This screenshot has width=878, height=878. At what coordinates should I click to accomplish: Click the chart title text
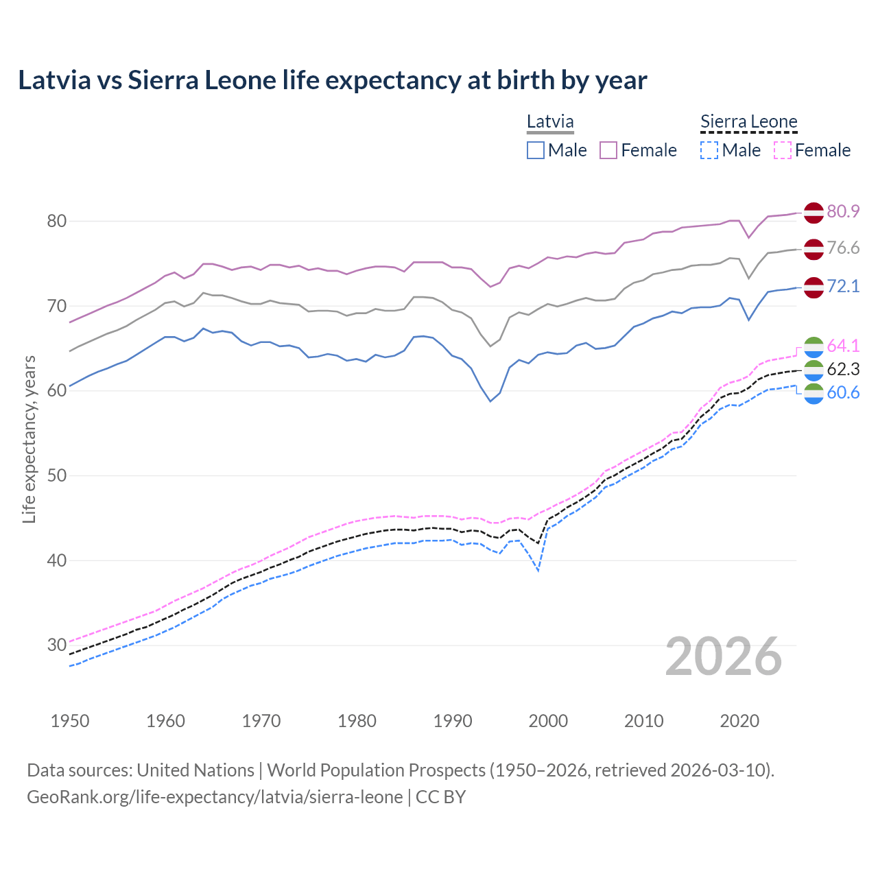click(x=332, y=80)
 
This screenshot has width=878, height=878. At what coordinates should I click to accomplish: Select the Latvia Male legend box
click(x=536, y=150)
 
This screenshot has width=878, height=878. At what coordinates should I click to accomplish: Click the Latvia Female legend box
click(x=608, y=150)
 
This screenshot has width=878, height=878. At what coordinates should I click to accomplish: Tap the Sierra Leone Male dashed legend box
click(x=709, y=150)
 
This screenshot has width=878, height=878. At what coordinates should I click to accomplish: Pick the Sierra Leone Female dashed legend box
click(x=782, y=150)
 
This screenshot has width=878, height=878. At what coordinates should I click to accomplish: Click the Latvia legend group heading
click(x=550, y=122)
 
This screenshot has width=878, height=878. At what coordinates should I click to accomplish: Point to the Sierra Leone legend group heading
click(x=748, y=122)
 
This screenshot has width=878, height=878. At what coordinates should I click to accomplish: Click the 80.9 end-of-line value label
click(x=843, y=211)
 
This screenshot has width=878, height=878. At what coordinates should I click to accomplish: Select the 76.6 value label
click(x=843, y=248)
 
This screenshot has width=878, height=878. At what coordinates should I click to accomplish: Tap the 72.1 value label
click(x=843, y=286)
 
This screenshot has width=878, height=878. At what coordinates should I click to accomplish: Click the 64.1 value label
click(x=843, y=346)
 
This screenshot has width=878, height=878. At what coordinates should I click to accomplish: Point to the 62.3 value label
click(x=843, y=369)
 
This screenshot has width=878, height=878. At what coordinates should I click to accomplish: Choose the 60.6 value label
click(x=843, y=392)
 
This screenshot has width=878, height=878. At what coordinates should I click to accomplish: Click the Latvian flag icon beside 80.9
click(x=813, y=213)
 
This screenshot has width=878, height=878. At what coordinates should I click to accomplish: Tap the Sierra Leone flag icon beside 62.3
click(x=813, y=370)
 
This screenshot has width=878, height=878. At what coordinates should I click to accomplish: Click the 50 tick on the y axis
click(x=57, y=475)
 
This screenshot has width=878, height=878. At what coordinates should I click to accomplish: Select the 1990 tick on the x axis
click(x=453, y=721)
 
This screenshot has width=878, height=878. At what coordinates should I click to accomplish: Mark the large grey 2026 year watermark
click(x=723, y=656)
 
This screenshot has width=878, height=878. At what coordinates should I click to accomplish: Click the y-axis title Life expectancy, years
click(x=29, y=439)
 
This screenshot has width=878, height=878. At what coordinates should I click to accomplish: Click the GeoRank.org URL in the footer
click(x=215, y=797)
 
